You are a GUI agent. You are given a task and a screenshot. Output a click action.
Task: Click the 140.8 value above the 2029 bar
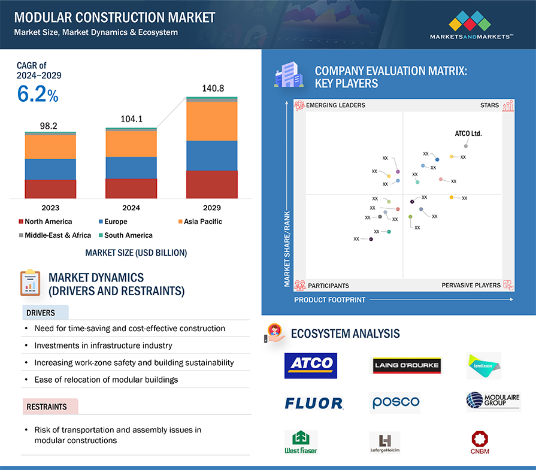pyautogui.click(x=212, y=89)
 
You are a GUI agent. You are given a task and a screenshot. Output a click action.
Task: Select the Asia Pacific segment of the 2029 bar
pyautogui.click(x=212, y=121)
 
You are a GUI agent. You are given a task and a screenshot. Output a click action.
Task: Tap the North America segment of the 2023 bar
pyautogui.click(x=50, y=189)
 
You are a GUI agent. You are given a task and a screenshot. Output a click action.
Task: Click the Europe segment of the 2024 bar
pyautogui.click(x=131, y=168)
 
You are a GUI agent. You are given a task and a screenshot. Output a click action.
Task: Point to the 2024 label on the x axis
pyautogui.click(x=131, y=208)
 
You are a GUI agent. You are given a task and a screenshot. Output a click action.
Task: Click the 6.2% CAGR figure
pyautogui.click(x=37, y=94)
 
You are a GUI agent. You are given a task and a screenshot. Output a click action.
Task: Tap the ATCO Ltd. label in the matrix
pyautogui.click(x=468, y=134)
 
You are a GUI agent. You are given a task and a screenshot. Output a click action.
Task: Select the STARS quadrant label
pyautogui.click(x=489, y=105)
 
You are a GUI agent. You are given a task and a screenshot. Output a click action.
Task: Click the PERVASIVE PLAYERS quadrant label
pyautogui.click(x=471, y=286)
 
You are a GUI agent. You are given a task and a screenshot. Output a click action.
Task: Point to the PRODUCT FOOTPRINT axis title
pyautogui.click(x=329, y=300)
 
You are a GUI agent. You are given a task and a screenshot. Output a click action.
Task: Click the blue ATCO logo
pyautogui.click(x=311, y=365)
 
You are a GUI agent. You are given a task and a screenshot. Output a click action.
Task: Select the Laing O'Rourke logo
pyautogui.click(x=407, y=365)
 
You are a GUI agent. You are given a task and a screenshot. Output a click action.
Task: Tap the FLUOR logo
pyautogui.click(x=314, y=404)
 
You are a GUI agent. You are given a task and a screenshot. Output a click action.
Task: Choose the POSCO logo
pyautogui.click(x=395, y=402)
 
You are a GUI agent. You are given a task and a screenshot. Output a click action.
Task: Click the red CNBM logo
pyautogui.click(x=480, y=442)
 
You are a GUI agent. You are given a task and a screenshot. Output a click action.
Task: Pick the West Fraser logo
pyautogui.click(x=301, y=442)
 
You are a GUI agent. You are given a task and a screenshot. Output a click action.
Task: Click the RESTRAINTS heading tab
pyautogui.click(x=47, y=407)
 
